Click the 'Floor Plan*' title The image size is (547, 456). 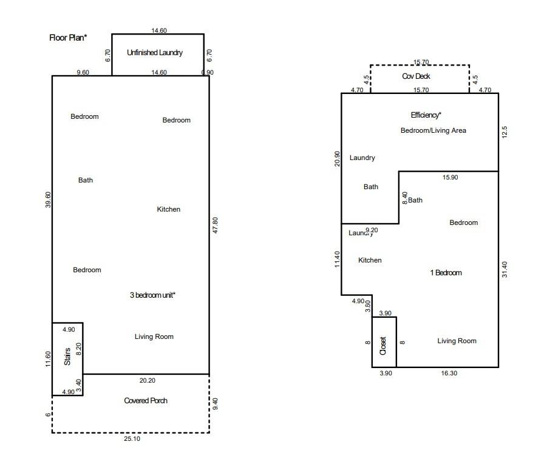68,38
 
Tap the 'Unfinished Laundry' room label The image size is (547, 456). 155,53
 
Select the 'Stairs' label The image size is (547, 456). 67,357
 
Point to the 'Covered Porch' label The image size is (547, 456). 146,401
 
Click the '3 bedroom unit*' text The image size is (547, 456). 152,295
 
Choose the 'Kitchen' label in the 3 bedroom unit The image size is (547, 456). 169,209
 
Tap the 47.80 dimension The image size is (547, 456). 216,225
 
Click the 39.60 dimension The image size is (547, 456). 48,199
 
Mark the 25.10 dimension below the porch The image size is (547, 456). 132,438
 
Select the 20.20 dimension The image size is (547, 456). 147,380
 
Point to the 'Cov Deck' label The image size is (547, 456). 416,76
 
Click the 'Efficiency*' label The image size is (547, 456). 426,115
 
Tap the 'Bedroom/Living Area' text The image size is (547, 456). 433,130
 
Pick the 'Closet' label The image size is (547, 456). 383,346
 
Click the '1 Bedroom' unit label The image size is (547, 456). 446,273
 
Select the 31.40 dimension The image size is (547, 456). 505,269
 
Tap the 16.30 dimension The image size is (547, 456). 449,373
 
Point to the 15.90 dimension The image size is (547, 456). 450,177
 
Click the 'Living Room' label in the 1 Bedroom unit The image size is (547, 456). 457,341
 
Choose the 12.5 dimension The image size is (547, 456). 505,132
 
